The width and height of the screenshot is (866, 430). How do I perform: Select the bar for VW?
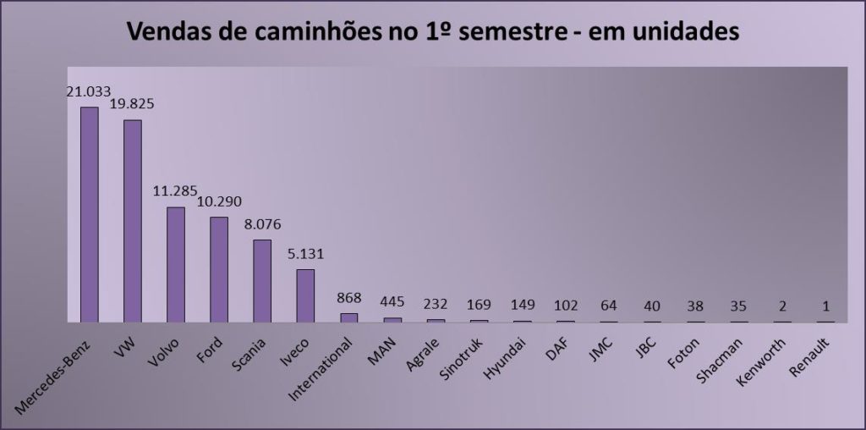tap(133, 221)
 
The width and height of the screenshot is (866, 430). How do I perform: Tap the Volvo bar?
tap(176, 264)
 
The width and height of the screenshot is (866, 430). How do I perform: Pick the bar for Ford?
tap(219, 269)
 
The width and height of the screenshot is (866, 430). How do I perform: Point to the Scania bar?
tap(262, 280)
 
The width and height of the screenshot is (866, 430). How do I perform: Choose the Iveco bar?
tap(305, 295)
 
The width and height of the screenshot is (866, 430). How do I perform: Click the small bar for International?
tap(349, 317)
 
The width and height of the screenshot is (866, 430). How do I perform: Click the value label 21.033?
tap(89, 91)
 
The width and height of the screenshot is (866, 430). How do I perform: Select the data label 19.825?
tap(133, 104)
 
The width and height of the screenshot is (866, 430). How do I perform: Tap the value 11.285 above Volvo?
tap(176, 191)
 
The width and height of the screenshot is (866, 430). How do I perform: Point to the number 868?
tap(349, 297)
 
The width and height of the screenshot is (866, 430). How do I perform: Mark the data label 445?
tap(392, 301)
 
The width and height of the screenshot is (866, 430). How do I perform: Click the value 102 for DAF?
tap(565, 305)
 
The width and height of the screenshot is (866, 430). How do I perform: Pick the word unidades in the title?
tap(677, 33)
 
